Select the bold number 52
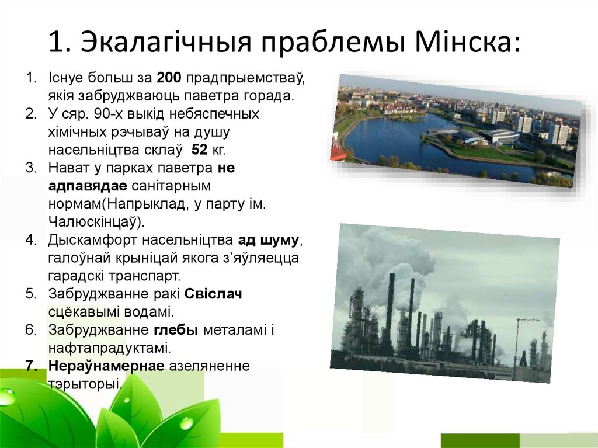(200, 150)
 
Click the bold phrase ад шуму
(269, 240)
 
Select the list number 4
(31, 240)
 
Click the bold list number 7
(31, 366)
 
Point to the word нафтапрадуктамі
(110, 349)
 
